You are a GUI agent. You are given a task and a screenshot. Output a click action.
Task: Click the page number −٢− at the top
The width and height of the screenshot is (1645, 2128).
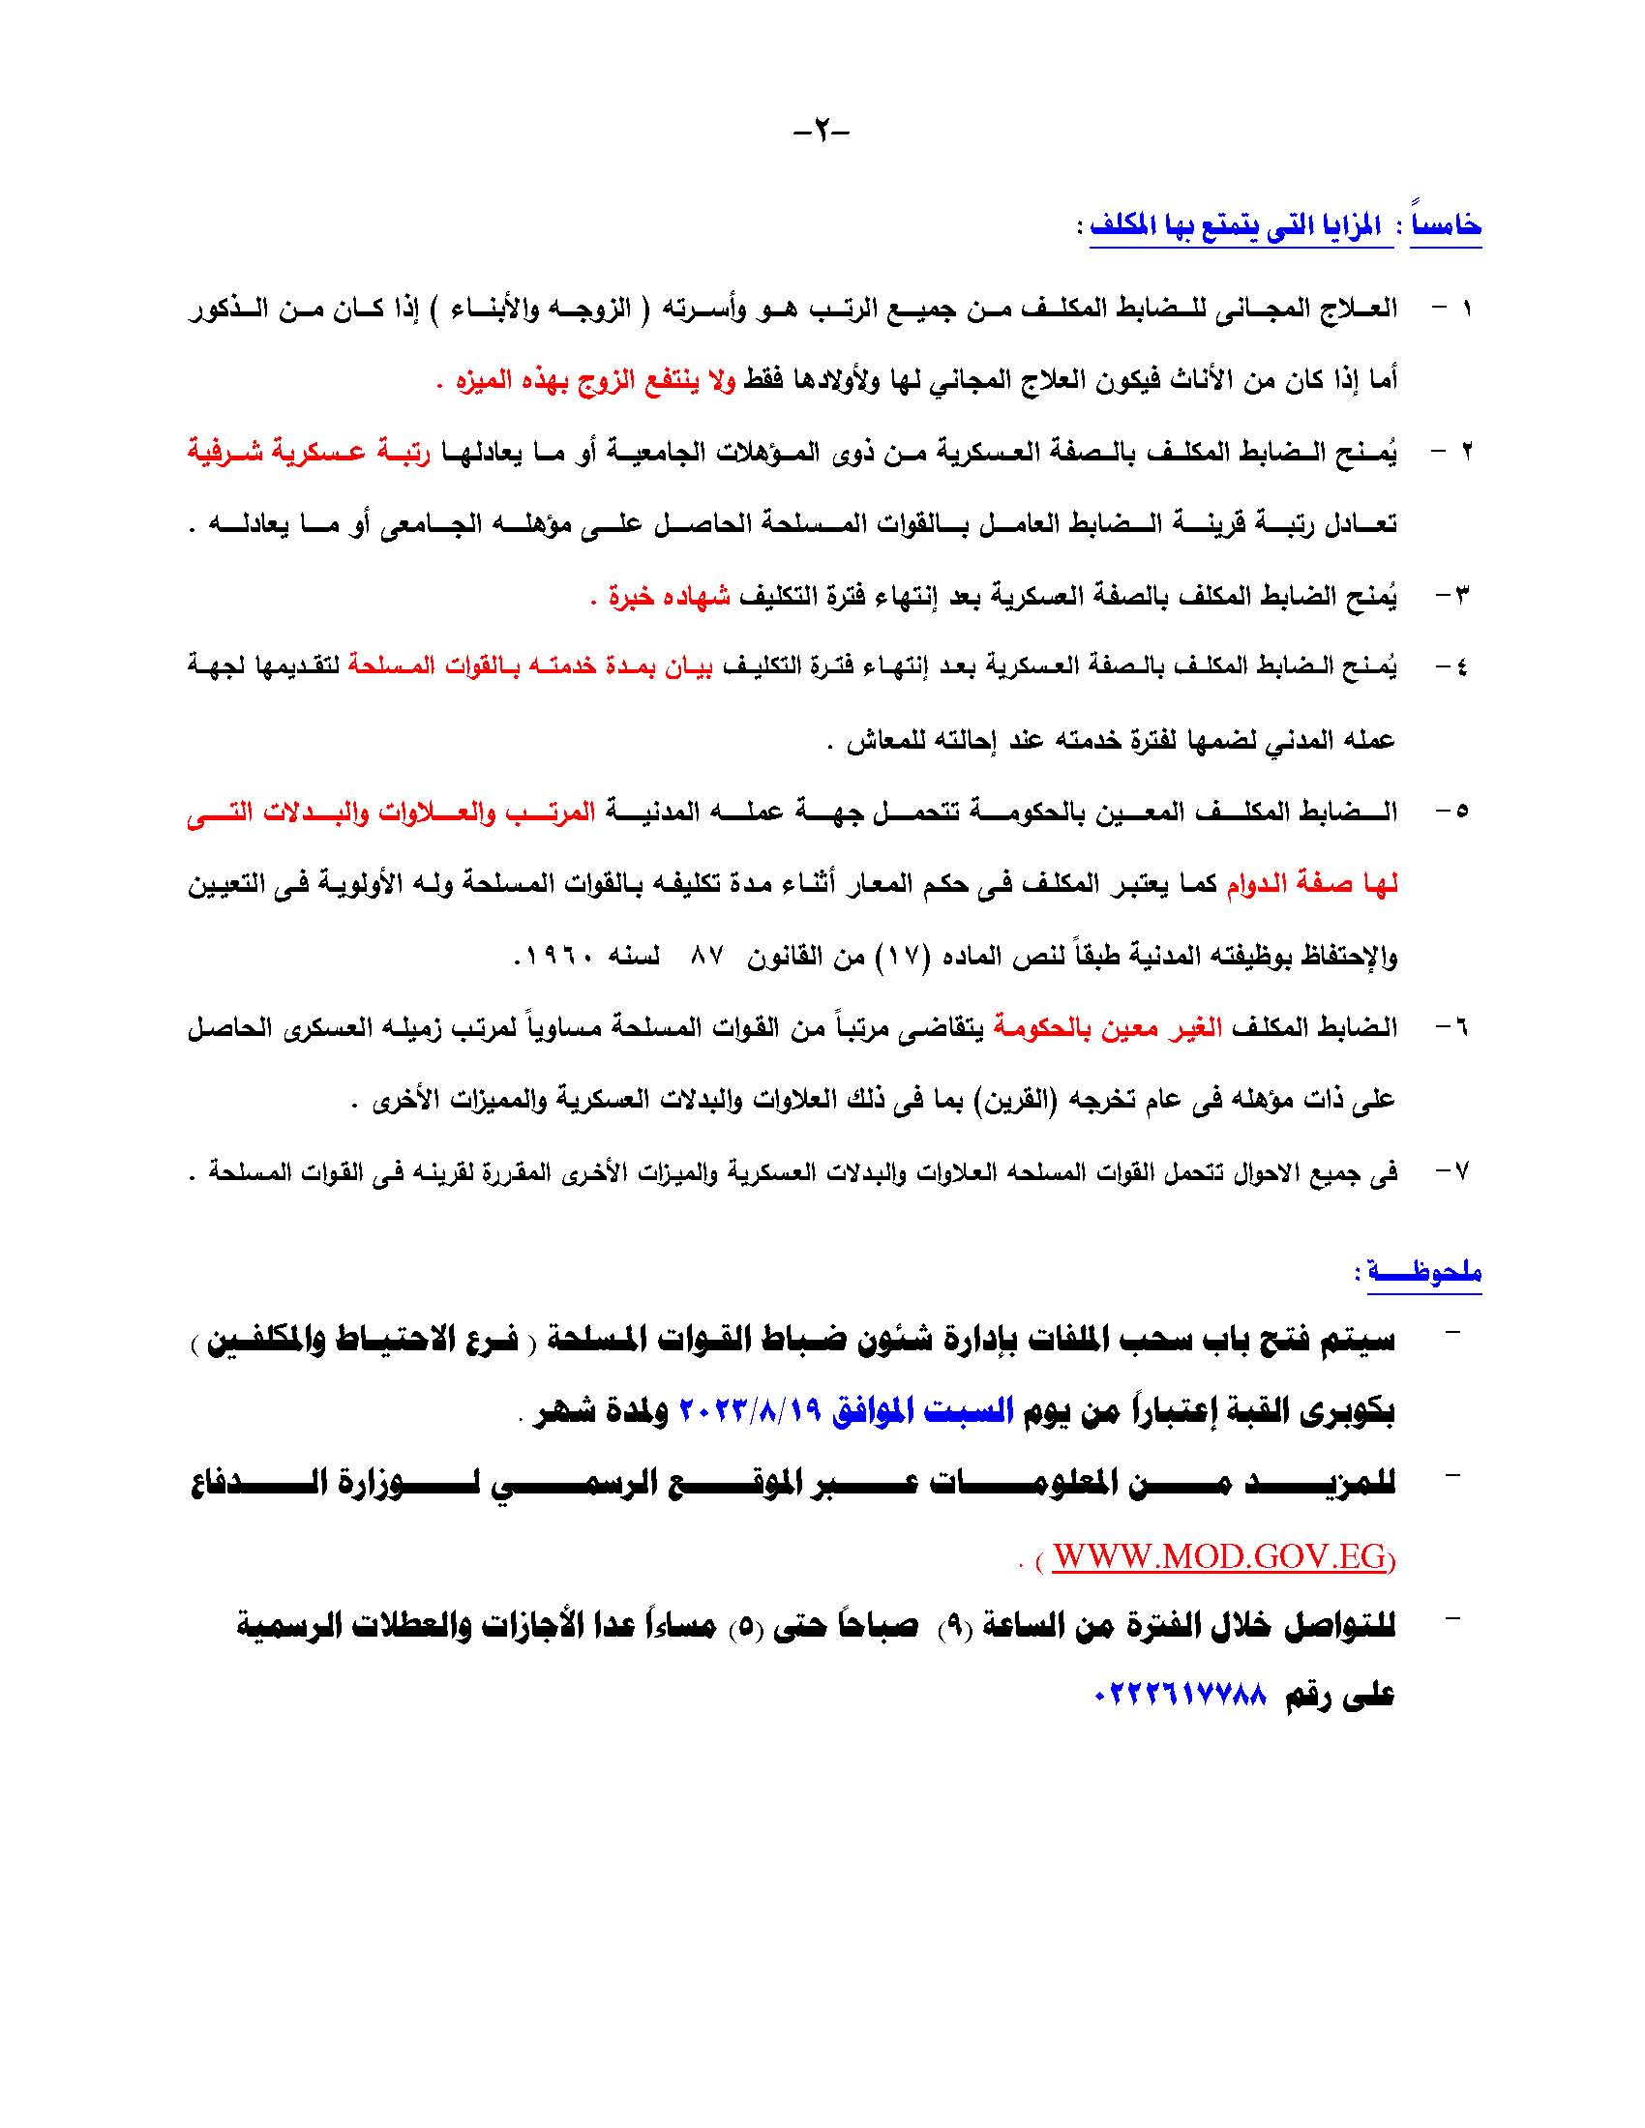coord(822,130)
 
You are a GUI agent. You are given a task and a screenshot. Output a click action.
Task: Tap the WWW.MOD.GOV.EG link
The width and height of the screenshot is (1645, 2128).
coord(1218,1556)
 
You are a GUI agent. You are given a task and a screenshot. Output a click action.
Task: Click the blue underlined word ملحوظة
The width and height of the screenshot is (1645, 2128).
coord(1424,1272)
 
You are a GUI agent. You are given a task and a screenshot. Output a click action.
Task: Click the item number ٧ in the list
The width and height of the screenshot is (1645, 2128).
coord(1460,1171)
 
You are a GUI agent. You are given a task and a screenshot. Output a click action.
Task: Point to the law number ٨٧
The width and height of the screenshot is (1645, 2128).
coord(705,956)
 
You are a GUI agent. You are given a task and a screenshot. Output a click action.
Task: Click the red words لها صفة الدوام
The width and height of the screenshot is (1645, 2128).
coord(1312,884)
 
